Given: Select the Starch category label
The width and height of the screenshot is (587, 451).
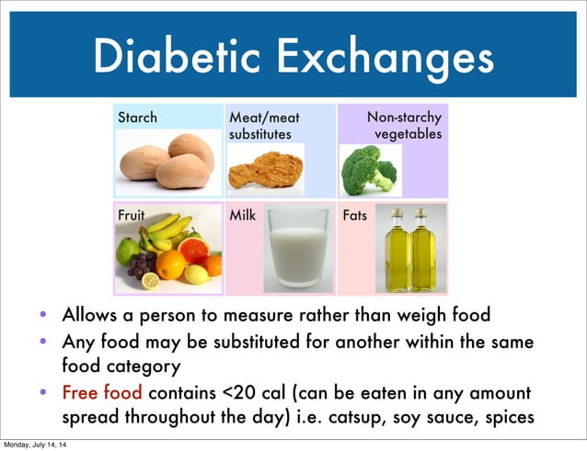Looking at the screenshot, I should [137, 118].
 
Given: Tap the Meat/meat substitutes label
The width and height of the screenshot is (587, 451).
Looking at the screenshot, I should [264, 126].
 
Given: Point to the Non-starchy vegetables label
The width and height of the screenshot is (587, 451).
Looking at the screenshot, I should [405, 126].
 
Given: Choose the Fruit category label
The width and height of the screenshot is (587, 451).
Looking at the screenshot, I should [132, 215].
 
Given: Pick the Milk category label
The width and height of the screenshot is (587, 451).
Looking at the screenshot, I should [243, 215].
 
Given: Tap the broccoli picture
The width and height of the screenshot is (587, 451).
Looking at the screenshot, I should [368, 168].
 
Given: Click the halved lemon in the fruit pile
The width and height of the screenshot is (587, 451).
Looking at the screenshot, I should [150, 281].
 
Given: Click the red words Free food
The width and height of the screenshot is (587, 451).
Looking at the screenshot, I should [102, 393].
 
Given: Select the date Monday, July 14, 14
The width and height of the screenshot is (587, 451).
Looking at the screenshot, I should [39, 445].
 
